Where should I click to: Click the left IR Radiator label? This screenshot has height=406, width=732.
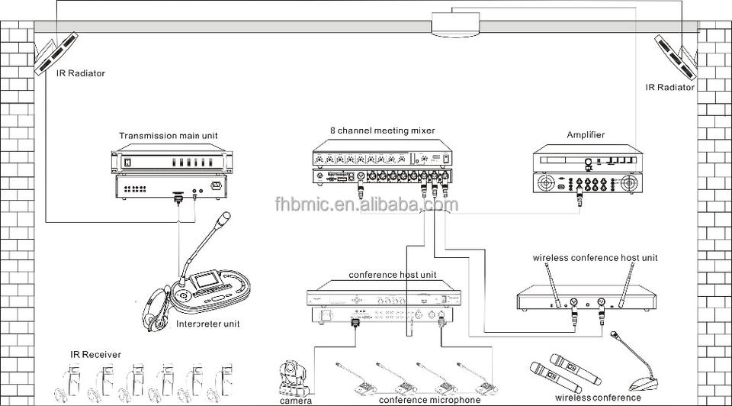(80, 74)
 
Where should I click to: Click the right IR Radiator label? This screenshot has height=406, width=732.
(670, 88)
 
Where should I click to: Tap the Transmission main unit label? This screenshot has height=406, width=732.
(168, 136)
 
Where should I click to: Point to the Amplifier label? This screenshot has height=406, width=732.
(586, 135)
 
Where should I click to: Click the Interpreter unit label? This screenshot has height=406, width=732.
(208, 324)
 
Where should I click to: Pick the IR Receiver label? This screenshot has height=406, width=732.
(91, 354)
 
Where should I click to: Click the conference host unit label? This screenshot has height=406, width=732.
(382, 274)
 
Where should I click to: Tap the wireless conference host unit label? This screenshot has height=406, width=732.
(595, 258)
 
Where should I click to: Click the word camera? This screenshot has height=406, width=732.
(295, 400)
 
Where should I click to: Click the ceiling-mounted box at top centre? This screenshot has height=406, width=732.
(454, 25)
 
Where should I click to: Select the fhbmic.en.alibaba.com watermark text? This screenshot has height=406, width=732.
(366, 204)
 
